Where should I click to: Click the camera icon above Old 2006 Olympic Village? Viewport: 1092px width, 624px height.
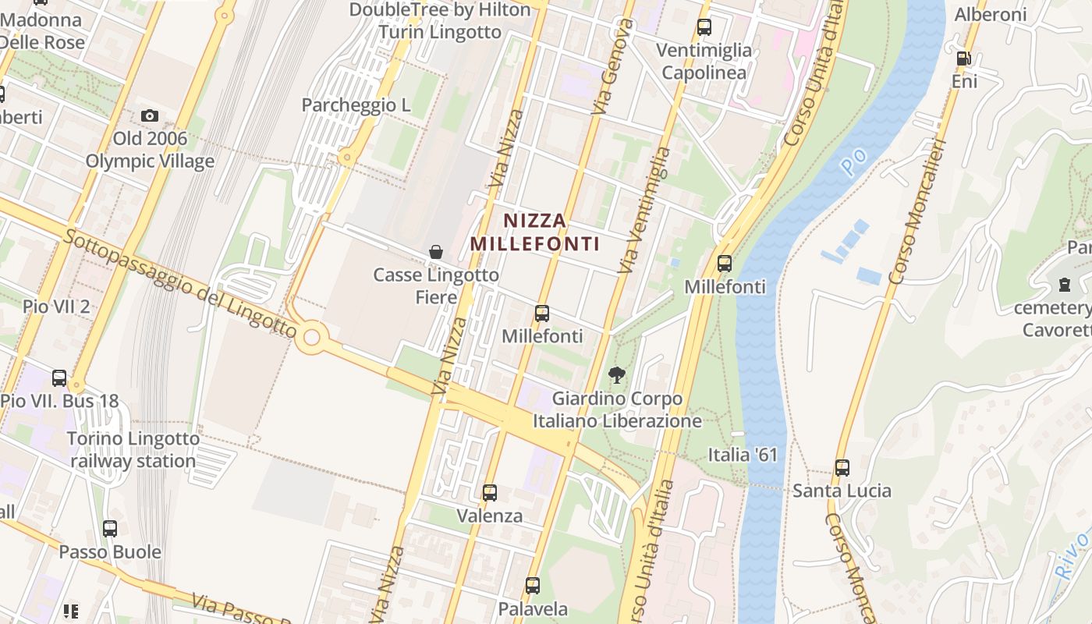(x=149, y=116)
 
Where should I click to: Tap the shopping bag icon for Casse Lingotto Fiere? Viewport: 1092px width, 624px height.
(x=436, y=252)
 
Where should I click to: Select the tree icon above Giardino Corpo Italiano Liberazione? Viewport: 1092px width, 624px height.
(x=617, y=375)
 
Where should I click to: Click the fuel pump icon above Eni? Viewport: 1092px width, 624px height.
(x=964, y=58)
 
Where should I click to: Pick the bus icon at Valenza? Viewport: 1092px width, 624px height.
(x=490, y=493)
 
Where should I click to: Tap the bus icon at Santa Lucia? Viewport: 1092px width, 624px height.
(x=842, y=468)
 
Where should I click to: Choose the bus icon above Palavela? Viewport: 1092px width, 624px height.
(x=533, y=586)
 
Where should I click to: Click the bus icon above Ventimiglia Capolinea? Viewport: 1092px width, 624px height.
(x=704, y=27)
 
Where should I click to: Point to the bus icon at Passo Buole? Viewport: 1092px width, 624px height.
(x=110, y=529)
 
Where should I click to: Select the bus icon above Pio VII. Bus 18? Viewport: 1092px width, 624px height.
(x=59, y=378)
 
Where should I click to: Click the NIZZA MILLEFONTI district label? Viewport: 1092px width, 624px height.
(x=535, y=232)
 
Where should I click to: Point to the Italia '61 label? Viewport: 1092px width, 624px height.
(x=743, y=454)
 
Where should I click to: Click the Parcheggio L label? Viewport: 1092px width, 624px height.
(x=356, y=105)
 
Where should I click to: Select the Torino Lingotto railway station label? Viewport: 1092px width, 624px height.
(x=133, y=450)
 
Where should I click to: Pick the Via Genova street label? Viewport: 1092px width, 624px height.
(x=612, y=68)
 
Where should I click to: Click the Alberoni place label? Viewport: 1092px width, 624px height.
(x=991, y=15)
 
